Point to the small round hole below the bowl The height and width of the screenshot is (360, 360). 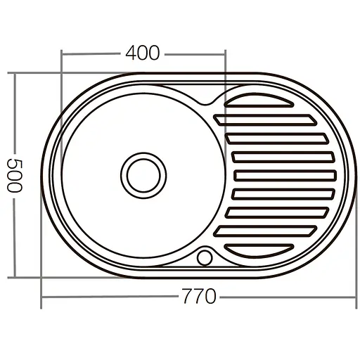[x=205, y=257]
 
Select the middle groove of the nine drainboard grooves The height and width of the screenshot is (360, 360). [x=281, y=174]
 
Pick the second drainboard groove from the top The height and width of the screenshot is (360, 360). [x=271, y=120]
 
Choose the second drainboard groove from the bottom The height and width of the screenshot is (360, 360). [x=271, y=229]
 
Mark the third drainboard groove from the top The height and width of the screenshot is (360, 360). [x=278, y=138]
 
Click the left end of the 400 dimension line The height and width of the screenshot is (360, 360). [x=63, y=53]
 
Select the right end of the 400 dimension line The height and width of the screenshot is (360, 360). [x=226, y=53]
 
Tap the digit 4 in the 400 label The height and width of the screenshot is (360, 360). [x=131, y=53]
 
